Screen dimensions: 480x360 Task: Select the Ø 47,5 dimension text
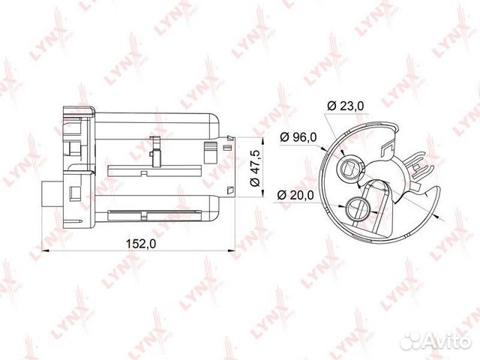pyautogui.click(x=255, y=168)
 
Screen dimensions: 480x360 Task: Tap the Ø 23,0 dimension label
pyautogui.click(x=346, y=106)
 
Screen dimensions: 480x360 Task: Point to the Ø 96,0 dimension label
pyautogui.click(x=298, y=137)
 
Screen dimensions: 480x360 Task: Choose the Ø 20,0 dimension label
pyautogui.click(x=295, y=195)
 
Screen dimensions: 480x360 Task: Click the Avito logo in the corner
pyautogui.click(x=436, y=340)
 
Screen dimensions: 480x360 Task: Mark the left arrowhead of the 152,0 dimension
pyautogui.click(x=45, y=251)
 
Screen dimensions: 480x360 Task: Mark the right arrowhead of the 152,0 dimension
pyautogui.click(x=231, y=251)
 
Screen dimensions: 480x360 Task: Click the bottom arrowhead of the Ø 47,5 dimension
pyautogui.click(x=262, y=193)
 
